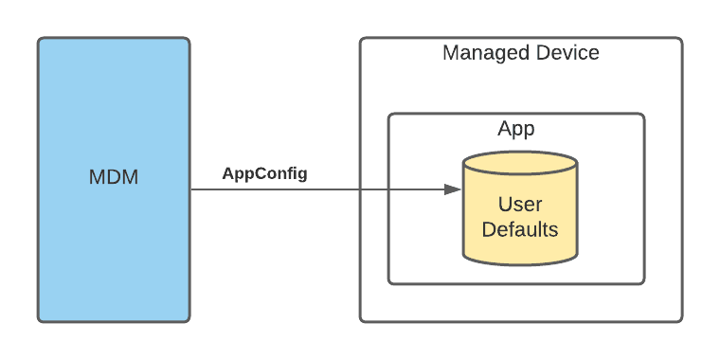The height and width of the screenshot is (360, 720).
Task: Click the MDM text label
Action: [x=113, y=177]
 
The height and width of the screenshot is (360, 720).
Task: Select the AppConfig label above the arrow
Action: [x=264, y=173]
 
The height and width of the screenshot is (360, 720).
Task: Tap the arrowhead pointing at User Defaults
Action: [x=453, y=189]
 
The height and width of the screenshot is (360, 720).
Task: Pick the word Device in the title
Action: [x=567, y=53]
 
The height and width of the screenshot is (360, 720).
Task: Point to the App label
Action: [x=516, y=129]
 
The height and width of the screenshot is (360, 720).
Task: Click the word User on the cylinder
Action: [x=520, y=205]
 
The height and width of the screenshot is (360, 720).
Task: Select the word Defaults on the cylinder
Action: [x=520, y=229]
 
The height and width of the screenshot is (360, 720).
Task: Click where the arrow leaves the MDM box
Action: [x=189, y=189]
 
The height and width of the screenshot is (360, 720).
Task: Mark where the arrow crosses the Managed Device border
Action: [x=361, y=189]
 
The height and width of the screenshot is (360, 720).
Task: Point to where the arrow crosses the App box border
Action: [x=388, y=189]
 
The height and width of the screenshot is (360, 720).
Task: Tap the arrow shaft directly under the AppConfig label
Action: [x=264, y=189]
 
